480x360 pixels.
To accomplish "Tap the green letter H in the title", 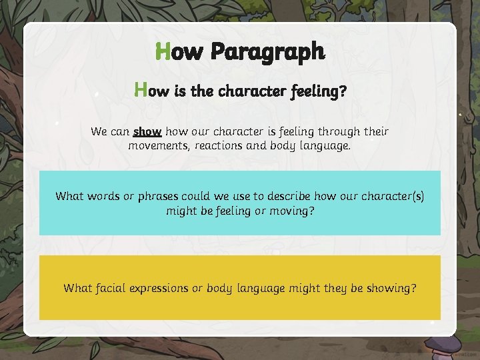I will point(162,51).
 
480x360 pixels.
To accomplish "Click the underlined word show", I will point(147,131).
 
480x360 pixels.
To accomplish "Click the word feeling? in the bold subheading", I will point(318,91).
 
